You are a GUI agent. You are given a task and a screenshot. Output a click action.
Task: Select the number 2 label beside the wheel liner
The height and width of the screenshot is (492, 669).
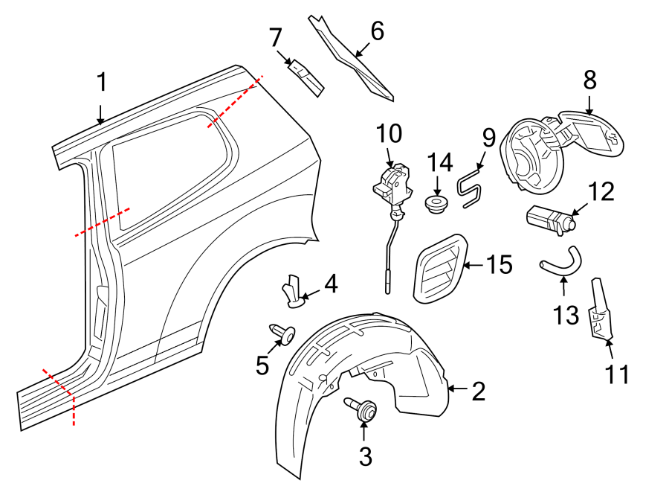[479, 390]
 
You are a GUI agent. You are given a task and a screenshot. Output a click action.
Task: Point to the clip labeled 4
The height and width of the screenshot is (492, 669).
[292, 291]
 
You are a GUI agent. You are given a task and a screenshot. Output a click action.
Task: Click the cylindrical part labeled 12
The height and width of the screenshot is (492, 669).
[551, 220]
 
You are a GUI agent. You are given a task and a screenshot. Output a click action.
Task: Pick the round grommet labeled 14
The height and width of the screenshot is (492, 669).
[437, 203]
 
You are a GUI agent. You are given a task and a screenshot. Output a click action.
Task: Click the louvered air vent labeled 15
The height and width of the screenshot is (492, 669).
[441, 268]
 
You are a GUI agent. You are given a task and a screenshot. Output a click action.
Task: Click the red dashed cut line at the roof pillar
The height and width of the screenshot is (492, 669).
[233, 100]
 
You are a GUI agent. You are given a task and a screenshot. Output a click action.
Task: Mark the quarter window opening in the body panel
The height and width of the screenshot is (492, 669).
[167, 167]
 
